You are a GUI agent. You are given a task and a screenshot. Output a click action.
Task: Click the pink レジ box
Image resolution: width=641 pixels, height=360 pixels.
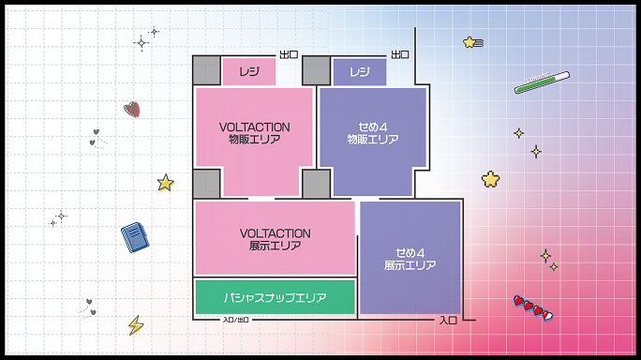point(248,71)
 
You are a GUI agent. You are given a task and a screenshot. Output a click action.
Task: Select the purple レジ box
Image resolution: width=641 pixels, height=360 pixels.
point(360,71)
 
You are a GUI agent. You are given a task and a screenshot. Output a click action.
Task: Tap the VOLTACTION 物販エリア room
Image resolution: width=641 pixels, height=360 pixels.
point(254,132)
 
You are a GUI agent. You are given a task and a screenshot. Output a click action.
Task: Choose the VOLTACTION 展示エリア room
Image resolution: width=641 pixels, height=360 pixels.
point(275,239)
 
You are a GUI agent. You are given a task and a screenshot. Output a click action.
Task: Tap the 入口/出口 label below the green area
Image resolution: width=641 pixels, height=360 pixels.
point(236,321)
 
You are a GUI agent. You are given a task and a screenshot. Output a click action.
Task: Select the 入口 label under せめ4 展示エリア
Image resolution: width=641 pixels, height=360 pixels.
point(448,321)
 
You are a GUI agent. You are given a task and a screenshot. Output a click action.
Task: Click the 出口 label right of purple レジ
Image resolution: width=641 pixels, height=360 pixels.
point(400,54)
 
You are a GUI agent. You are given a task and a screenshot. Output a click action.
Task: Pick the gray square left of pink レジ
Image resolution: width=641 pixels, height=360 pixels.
point(206,71)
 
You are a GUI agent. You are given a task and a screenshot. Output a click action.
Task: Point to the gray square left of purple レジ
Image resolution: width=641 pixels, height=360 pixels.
point(317,71)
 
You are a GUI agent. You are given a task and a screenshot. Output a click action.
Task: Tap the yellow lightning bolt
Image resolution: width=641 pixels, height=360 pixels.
point(136,325)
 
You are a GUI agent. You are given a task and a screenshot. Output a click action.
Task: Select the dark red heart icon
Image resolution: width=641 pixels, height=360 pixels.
point(132,109)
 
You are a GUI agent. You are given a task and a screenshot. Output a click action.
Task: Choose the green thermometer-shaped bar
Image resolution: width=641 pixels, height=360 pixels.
point(542,82)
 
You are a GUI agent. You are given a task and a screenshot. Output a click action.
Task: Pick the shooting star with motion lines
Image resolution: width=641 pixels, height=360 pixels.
point(471,42)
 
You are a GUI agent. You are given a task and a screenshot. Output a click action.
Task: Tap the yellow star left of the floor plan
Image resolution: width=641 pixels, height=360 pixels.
point(166,183)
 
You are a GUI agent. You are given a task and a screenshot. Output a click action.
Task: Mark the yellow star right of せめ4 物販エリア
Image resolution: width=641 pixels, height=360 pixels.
point(490,178)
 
